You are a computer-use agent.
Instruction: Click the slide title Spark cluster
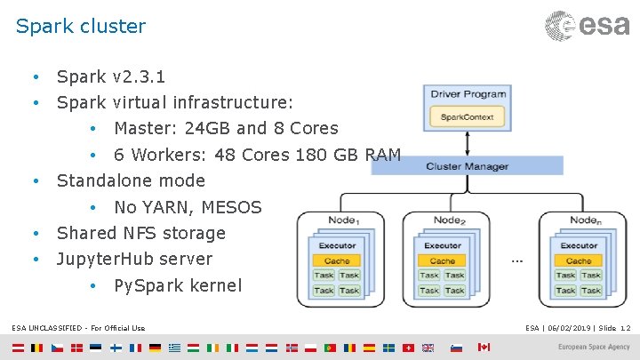[x=81, y=26]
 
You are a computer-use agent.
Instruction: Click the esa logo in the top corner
[x=588, y=25]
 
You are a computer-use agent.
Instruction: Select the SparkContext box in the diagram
[x=467, y=116]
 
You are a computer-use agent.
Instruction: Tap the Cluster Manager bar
[x=467, y=166]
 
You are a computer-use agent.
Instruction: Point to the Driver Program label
[x=468, y=94]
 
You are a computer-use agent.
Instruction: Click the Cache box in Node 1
[x=336, y=261]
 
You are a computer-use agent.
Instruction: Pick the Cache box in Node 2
[x=442, y=261]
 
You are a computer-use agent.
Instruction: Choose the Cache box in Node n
[x=579, y=261]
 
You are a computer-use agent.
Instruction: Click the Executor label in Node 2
[x=442, y=245]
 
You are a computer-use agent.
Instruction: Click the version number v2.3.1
[x=139, y=76]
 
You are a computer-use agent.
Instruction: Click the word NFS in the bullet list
[x=142, y=233]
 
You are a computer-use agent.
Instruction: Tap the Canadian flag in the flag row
[x=484, y=347]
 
